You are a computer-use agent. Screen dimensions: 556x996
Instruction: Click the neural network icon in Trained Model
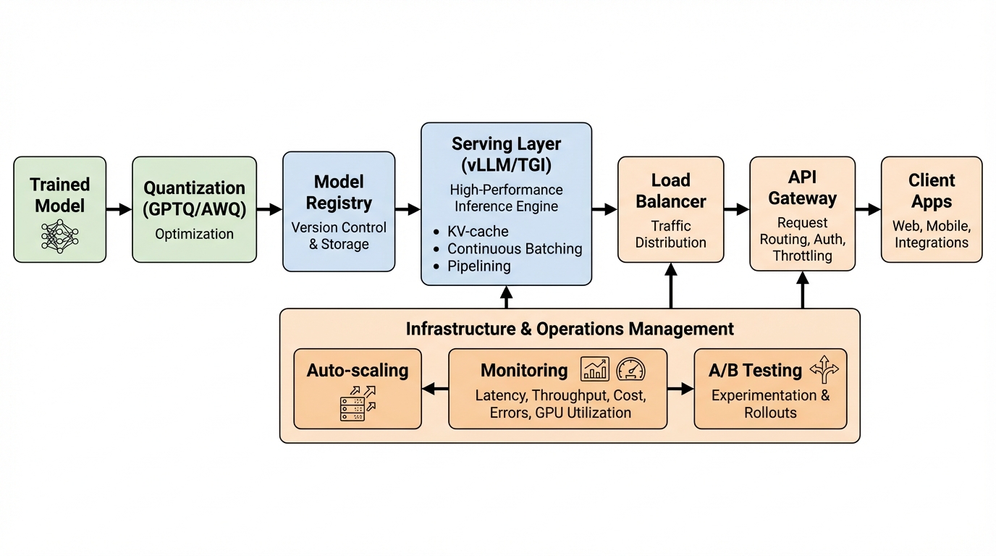59,235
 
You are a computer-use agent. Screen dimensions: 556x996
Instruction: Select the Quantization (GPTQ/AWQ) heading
194,198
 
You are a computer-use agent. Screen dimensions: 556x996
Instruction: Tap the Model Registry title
339,192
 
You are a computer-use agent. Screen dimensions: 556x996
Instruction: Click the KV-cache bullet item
477,232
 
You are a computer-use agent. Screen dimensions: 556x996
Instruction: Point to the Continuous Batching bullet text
514,249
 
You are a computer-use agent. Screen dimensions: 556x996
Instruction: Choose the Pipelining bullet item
478,266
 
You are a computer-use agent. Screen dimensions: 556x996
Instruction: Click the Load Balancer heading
670,190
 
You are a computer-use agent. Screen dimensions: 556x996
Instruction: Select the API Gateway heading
802,188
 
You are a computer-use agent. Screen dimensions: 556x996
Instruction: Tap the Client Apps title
931,190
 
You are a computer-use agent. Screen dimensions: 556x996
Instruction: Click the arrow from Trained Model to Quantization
119,210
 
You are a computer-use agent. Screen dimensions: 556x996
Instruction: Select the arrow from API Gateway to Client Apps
869,210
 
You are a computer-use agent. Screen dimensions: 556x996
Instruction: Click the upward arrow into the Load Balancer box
671,285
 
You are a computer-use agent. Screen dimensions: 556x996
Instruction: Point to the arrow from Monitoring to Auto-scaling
434,389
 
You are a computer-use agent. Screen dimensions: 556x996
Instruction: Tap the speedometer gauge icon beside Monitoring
630,370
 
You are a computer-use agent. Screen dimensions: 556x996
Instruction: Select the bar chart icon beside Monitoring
595,370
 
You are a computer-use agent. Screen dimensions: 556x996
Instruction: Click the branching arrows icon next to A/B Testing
824,369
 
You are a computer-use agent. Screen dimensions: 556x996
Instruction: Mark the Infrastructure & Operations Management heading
570,329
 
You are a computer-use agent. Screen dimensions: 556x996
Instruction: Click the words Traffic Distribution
670,234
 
